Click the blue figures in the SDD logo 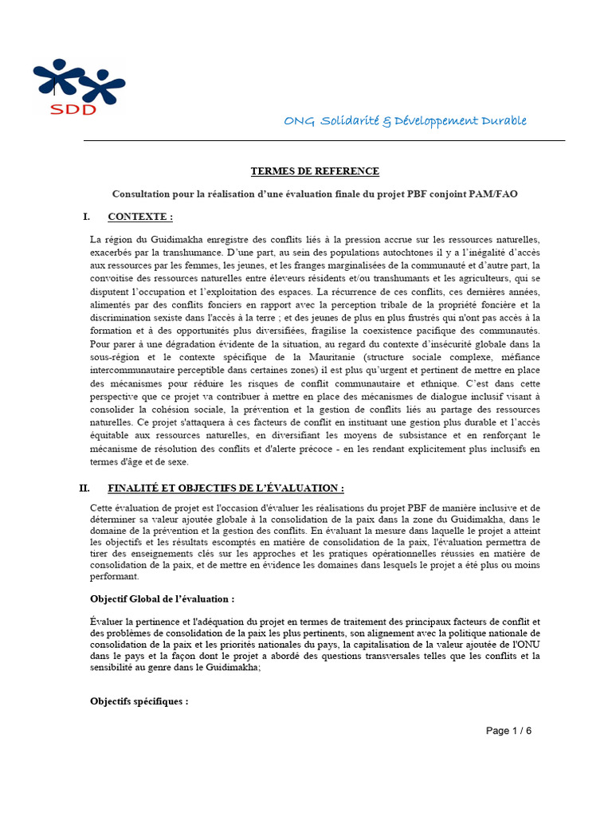[78, 80]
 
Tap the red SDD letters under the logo [73, 109]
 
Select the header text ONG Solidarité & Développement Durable [405, 121]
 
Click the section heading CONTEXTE [139, 217]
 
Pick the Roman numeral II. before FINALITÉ [85, 488]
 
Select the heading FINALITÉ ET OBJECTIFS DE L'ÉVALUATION [226, 488]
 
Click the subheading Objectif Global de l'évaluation [163, 598]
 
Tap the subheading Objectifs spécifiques [139, 702]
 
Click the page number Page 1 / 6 [508, 731]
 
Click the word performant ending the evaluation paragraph [115, 576]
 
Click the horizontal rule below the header [324, 141]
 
